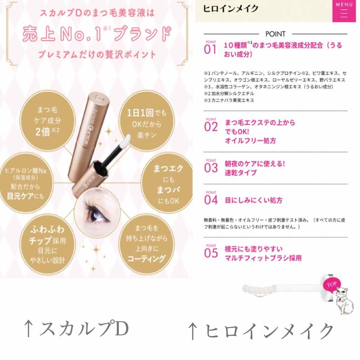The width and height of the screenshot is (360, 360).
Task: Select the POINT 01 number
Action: click(211, 48)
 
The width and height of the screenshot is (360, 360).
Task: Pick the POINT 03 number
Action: click(211, 167)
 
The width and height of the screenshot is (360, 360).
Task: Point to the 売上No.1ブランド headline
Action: click(97, 34)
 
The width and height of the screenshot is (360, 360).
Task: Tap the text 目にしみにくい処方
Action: click(253, 200)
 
